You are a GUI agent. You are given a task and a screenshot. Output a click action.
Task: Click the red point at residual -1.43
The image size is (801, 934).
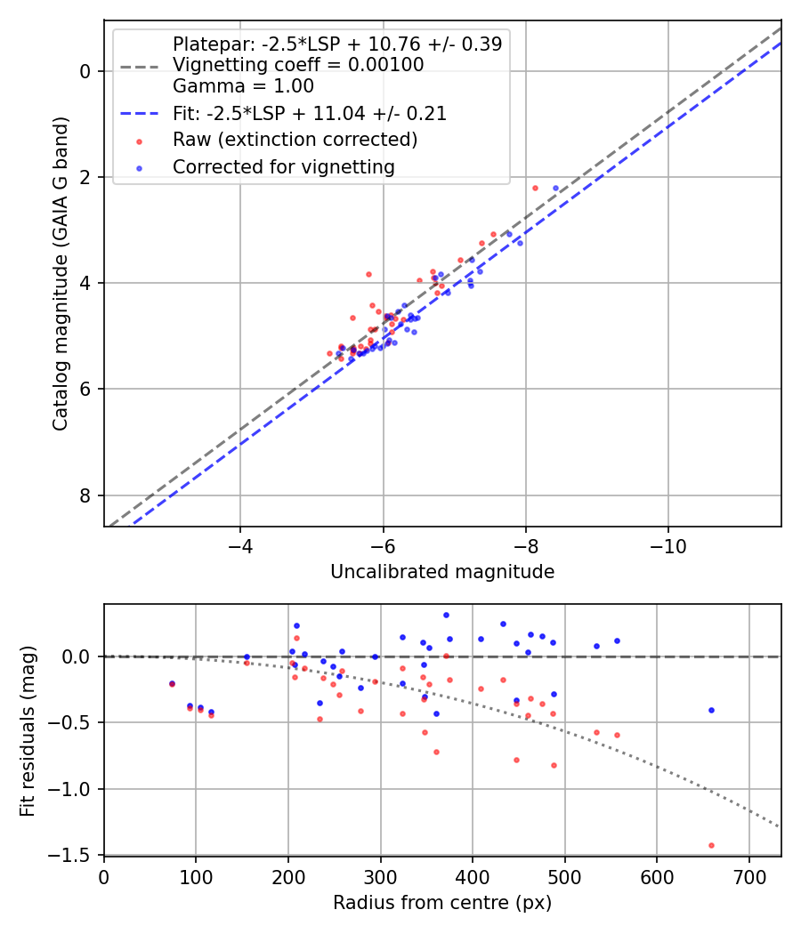[711, 845]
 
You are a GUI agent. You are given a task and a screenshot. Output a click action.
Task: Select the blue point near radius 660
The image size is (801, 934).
[711, 710]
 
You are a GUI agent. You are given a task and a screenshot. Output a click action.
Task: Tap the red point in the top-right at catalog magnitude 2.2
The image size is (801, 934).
[535, 188]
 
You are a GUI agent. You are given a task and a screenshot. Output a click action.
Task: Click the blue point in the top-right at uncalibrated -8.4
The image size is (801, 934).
[556, 188]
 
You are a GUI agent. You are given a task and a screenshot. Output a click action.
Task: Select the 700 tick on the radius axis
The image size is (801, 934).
[748, 875]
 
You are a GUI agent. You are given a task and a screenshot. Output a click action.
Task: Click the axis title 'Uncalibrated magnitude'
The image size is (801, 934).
[442, 572]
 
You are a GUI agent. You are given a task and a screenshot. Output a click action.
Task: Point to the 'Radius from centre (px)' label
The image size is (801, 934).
[442, 903]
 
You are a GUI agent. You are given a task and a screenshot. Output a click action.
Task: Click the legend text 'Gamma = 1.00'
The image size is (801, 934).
[243, 86]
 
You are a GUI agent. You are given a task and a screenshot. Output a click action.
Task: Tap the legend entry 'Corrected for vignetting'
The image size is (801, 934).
[283, 166]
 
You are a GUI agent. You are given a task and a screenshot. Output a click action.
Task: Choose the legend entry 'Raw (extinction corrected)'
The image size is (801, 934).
[295, 140]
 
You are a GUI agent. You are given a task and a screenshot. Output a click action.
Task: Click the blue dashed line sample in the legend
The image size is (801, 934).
[142, 114]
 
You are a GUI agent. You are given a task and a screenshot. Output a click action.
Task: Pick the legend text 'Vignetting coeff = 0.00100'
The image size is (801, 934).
[298, 65]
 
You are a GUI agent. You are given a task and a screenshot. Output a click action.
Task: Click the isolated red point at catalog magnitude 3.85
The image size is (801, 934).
[368, 274]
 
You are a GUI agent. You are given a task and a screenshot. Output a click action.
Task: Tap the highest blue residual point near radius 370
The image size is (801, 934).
[446, 615]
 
